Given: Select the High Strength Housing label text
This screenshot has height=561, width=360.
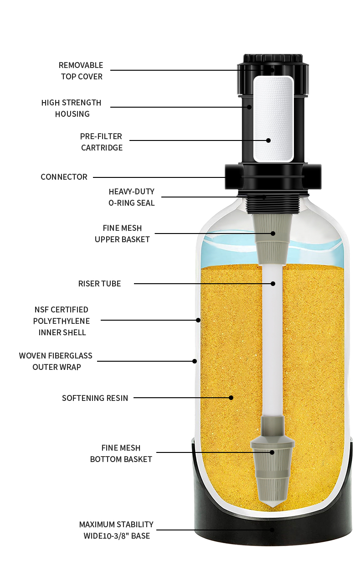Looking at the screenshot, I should click(72, 108).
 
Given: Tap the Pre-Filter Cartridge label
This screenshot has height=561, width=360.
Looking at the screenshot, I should click(102, 142).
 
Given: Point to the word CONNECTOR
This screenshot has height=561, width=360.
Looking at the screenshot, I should click(64, 177).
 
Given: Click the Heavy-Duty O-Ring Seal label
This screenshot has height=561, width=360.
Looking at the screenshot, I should click(131, 197).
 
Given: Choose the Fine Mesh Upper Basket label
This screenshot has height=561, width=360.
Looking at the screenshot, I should click(122, 234).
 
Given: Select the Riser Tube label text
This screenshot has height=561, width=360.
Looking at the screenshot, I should click(99, 284).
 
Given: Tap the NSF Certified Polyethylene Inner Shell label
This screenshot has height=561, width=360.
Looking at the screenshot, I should click(61, 321).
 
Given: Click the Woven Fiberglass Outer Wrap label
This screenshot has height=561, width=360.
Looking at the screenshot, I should click(56, 361).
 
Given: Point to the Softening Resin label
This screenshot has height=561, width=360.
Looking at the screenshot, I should click(95, 398).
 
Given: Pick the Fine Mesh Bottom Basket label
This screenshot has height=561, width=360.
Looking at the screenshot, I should click(121, 453).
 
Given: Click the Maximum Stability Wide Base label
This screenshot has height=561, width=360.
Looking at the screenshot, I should click(116, 530).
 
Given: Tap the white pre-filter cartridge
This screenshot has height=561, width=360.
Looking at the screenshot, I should click(273, 119).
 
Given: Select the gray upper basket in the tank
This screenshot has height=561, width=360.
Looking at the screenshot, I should click(273, 242).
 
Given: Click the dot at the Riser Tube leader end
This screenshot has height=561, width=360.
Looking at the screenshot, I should click(273, 284).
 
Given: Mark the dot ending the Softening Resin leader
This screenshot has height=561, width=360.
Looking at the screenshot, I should click(231, 398).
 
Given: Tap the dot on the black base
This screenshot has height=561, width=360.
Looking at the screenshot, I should click(273, 530).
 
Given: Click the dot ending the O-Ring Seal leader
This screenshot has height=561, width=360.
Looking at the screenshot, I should click(264, 197).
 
